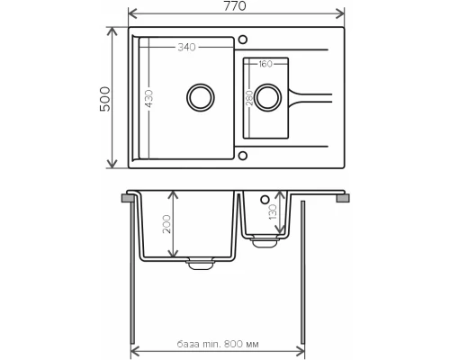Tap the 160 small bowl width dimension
(265, 64)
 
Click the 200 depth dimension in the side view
(166, 224)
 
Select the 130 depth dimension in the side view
(272, 214)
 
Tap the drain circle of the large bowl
(198, 95)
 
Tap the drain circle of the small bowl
(266, 95)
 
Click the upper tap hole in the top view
(242, 39)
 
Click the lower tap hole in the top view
(242, 153)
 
